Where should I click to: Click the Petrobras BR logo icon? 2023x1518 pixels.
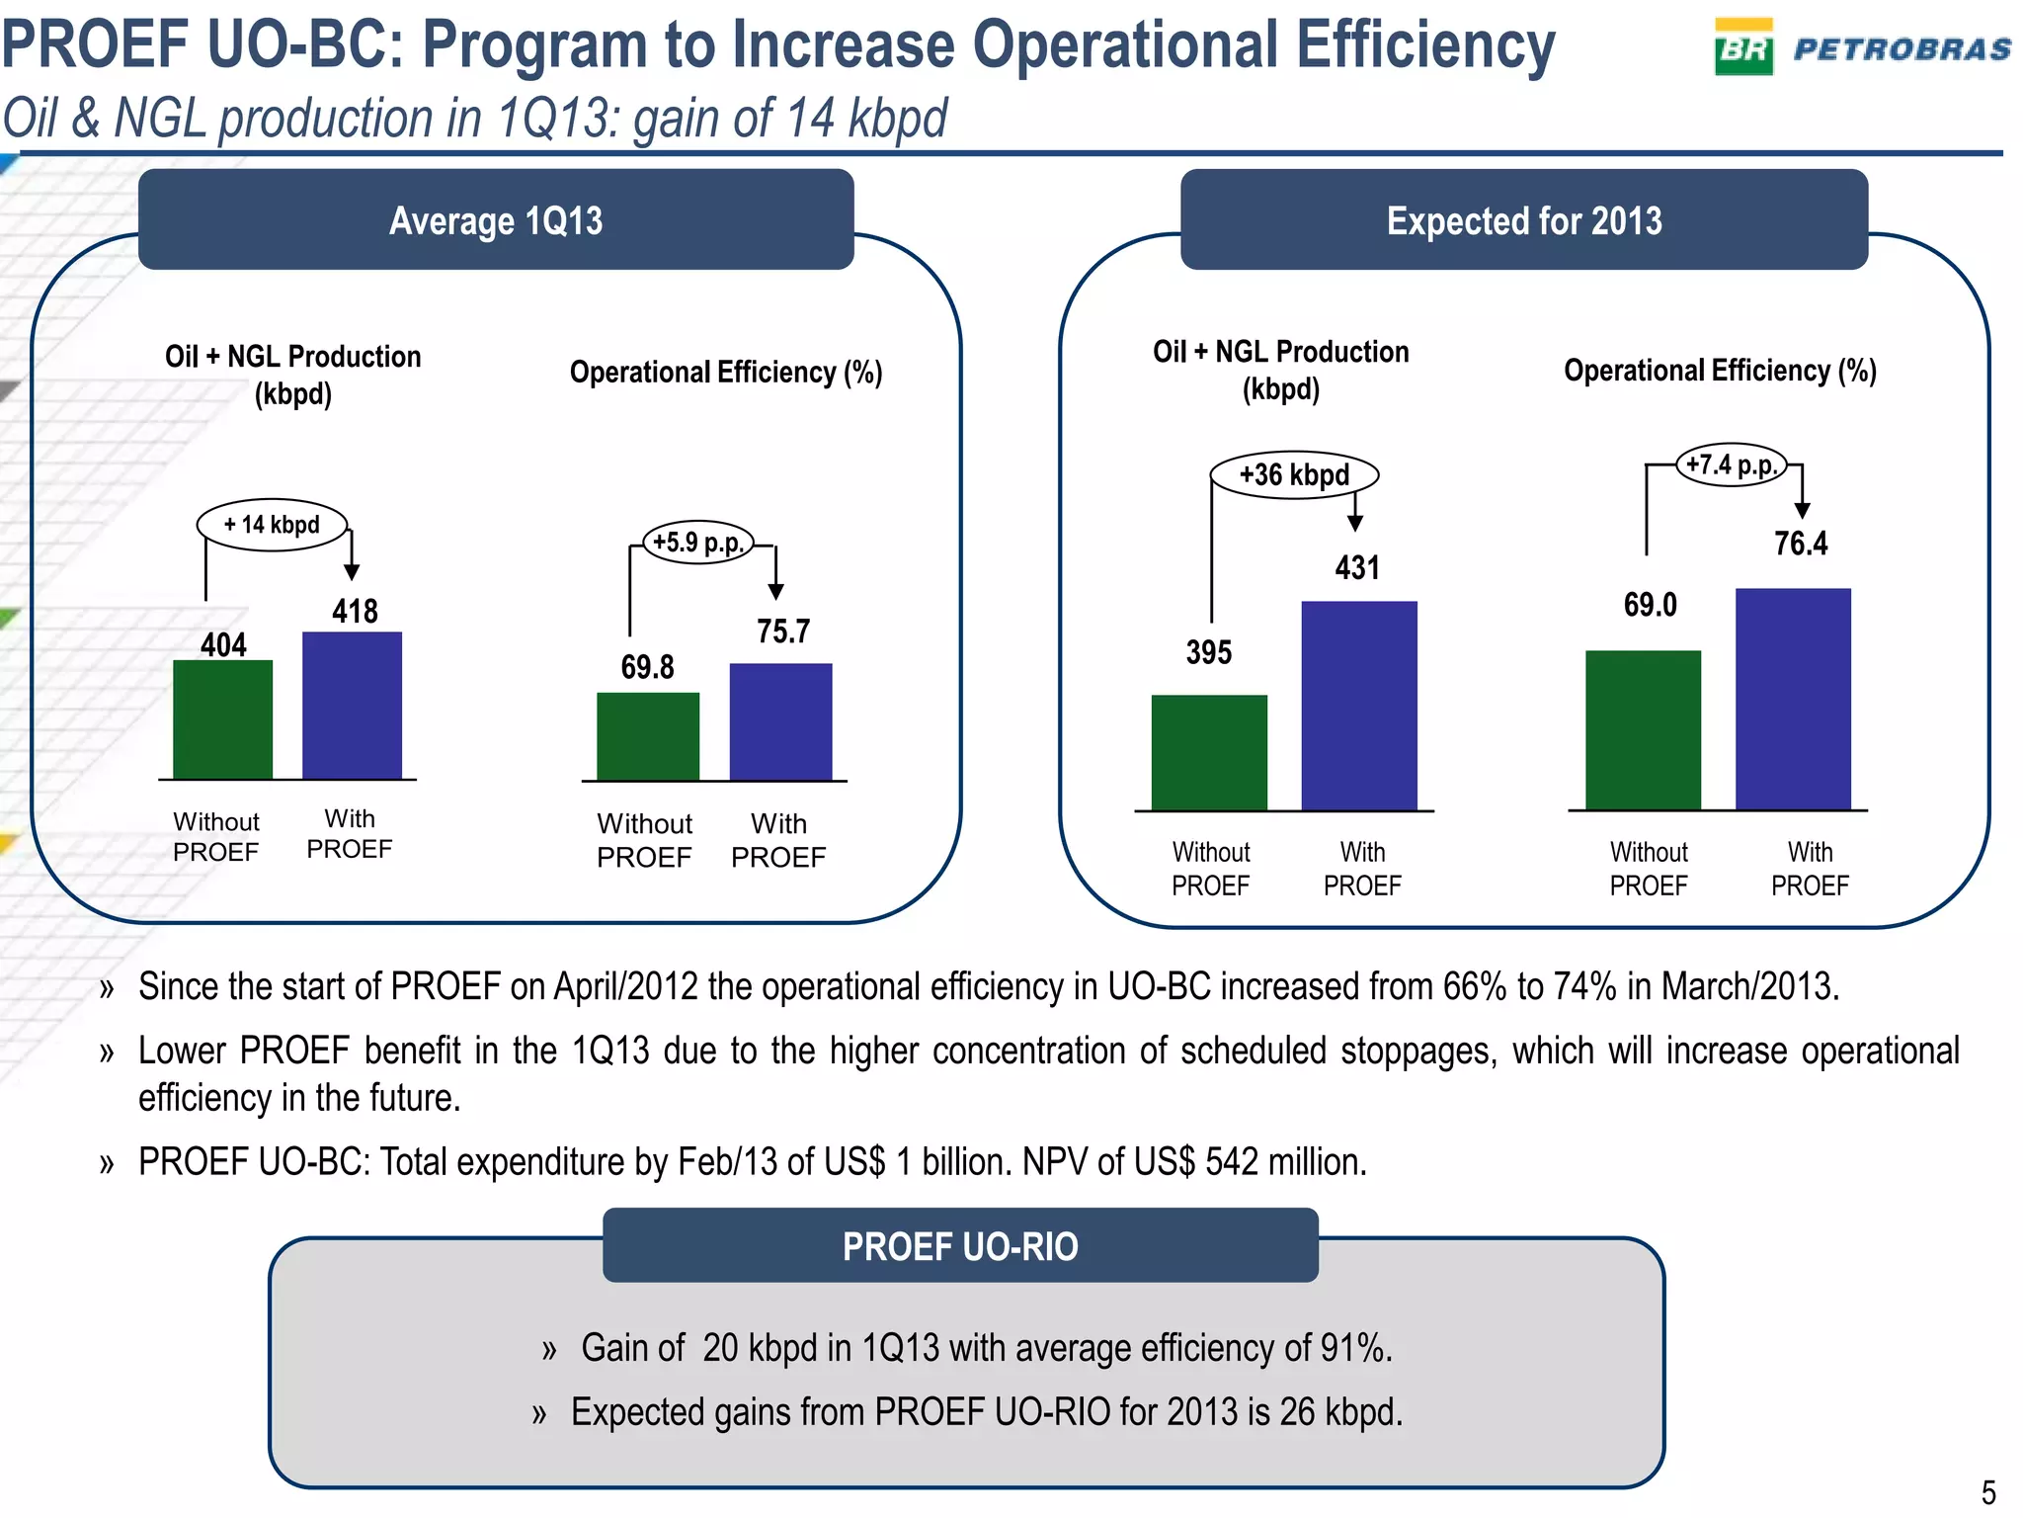1743,46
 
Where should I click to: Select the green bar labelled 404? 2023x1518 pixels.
222,719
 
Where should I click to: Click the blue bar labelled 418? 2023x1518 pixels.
352,706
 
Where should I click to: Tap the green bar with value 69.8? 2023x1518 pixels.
648,736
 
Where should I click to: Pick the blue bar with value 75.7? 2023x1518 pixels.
780,721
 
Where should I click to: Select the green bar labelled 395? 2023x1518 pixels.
1209,752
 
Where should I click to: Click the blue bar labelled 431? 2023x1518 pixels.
1358,706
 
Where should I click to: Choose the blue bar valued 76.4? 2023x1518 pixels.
1793,699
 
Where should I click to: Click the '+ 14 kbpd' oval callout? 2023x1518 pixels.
273,525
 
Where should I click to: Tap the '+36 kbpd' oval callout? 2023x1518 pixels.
1294,475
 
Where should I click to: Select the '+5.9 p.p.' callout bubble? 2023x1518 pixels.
698,543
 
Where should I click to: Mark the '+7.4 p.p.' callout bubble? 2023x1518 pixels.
1732,464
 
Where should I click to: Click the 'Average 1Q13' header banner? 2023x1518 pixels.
496,220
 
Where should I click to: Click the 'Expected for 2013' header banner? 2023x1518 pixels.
1523,220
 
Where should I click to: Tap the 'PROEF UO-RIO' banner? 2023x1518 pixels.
960,1246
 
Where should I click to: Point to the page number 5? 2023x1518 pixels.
1988,1491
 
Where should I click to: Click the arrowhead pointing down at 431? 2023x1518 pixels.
1355,524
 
